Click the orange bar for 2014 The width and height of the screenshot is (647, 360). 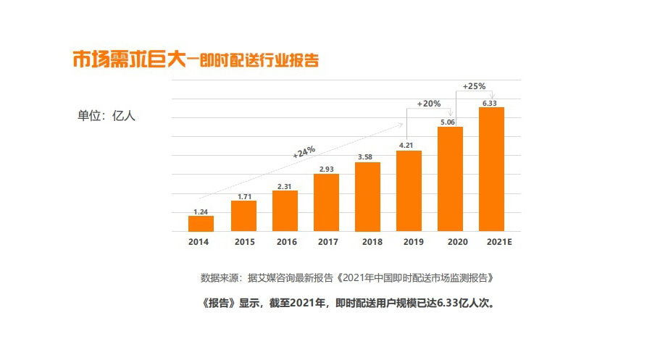click(x=201, y=224)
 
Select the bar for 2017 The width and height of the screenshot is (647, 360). click(x=326, y=203)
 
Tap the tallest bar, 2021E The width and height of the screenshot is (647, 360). click(x=491, y=169)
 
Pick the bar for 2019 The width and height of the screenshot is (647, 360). click(x=409, y=191)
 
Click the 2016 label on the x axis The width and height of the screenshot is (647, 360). click(x=285, y=241)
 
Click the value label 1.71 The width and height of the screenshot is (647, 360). click(x=244, y=196)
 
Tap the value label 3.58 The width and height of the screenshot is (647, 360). click(x=367, y=157)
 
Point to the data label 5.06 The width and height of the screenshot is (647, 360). click(x=448, y=122)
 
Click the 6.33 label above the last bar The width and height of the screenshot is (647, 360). click(x=489, y=103)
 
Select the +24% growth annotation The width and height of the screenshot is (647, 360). click(x=304, y=151)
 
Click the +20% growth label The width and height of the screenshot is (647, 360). click(x=429, y=104)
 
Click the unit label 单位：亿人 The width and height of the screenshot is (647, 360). click(x=107, y=115)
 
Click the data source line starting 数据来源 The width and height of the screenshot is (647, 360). click(x=351, y=277)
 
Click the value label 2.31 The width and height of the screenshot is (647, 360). click(x=285, y=186)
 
